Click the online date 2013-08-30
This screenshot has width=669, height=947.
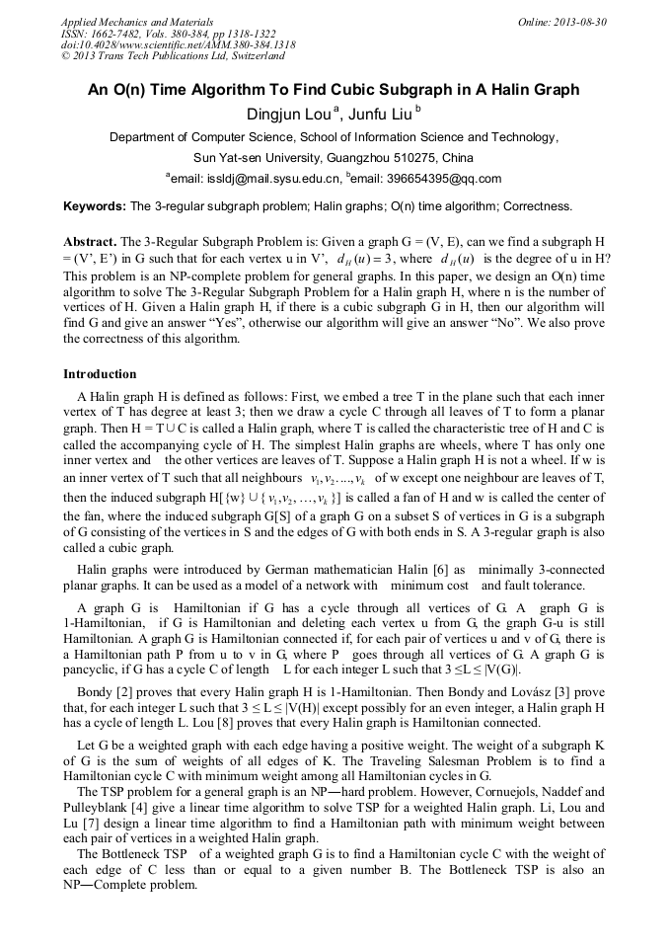(577, 21)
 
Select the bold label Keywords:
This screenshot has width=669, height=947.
(94, 206)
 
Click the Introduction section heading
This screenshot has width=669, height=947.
(100, 374)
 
